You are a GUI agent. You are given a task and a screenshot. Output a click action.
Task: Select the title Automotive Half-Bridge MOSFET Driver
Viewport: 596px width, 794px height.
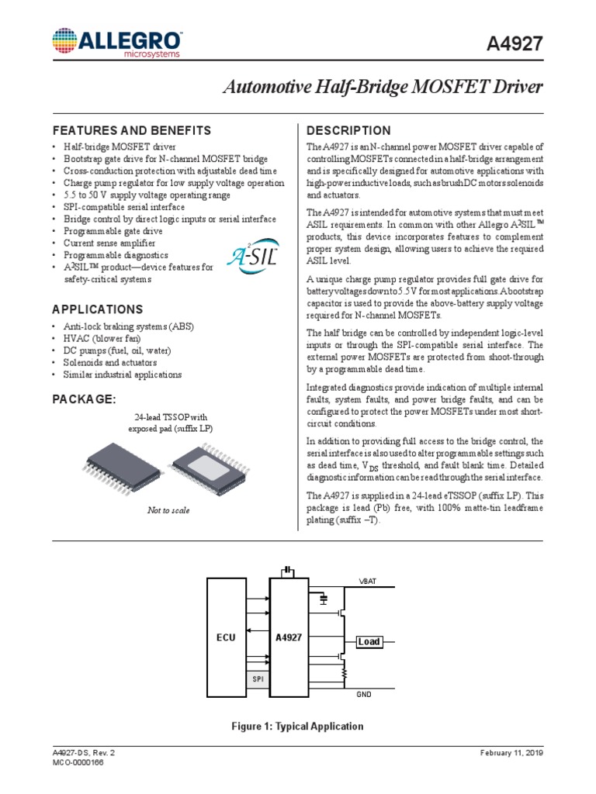pyautogui.click(x=383, y=88)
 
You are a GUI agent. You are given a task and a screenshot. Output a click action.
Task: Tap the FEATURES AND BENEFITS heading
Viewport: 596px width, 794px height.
pyautogui.click(x=131, y=130)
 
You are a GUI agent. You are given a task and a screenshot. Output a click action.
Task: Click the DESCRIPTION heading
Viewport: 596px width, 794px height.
pyautogui.click(x=348, y=130)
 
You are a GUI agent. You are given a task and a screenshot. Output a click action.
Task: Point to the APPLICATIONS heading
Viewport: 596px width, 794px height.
pyautogui.click(x=97, y=309)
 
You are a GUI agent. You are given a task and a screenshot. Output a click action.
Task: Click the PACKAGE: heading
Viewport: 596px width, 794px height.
pyautogui.click(x=84, y=399)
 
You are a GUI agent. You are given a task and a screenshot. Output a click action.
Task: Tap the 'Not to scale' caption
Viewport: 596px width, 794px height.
pyautogui.click(x=168, y=510)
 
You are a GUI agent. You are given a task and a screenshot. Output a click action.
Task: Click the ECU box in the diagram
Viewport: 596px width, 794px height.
pyautogui.click(x=225, y=637)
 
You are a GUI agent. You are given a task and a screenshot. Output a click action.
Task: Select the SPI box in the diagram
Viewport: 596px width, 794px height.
pyautogui.click(x=258, y=678)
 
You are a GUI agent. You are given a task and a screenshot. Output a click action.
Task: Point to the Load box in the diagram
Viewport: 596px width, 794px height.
pyautogui.click(x=369, y=641)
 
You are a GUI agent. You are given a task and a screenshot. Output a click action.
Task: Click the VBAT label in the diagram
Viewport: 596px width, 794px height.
pyautogui.click(x=366, y=581)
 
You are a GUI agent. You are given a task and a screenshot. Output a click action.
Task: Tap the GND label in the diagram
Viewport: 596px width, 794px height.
pyautogui.click(x=364, y=695)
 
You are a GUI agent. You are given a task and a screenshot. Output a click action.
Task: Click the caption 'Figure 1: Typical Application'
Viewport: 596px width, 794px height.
pyautogui.click(x=297, y=727)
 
